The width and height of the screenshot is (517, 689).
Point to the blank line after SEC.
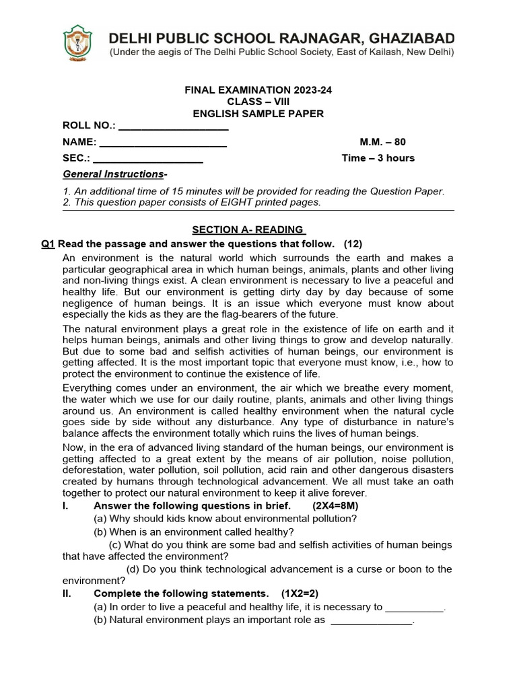(x=147, y=159)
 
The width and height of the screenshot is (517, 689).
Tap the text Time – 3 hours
(x=378, y=158)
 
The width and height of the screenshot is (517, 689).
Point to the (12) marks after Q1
(x=353, y=244)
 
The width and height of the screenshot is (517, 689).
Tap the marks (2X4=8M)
(x=335, y=506)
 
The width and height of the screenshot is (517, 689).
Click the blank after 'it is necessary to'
(x=415, y=608)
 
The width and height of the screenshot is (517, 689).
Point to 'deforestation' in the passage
(x=93, y=470)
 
